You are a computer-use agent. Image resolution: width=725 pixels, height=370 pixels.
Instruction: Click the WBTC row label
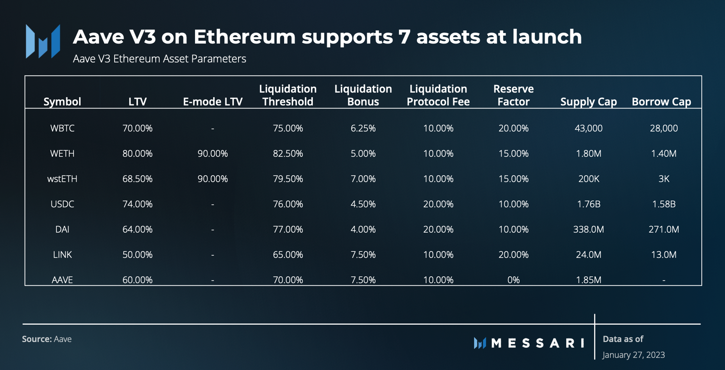62,128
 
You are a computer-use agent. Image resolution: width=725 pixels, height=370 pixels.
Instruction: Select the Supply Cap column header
588,101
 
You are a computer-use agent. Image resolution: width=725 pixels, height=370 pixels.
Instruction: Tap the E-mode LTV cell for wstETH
213,179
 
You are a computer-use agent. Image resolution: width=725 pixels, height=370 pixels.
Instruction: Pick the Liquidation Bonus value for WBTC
363,128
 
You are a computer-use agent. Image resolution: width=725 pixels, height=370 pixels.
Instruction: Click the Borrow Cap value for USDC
663,204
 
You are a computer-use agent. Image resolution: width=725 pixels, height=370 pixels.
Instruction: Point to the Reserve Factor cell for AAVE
513,280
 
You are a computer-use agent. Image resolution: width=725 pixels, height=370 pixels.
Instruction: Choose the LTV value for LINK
137,254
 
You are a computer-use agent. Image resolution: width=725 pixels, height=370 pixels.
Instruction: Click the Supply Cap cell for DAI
588,229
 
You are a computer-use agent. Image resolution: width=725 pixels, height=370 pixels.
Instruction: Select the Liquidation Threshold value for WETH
288,154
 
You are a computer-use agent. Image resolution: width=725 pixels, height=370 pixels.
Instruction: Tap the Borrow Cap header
661,101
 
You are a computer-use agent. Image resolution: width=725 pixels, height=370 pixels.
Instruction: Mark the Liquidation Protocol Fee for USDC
438,204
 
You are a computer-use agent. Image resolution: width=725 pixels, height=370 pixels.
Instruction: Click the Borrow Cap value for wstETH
663,179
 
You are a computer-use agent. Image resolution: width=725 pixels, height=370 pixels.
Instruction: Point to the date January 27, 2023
633,355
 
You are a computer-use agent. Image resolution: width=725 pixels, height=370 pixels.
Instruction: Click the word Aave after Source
63,339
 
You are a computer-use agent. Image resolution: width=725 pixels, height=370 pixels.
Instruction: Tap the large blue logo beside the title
43,41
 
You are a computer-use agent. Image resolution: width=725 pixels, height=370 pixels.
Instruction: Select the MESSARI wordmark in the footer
537,343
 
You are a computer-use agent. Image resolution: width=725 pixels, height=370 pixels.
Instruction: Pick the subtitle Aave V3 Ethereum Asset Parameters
159,59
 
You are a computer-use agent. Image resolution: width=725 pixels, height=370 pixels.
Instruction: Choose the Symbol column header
62,101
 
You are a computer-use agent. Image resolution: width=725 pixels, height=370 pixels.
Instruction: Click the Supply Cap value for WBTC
588,128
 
